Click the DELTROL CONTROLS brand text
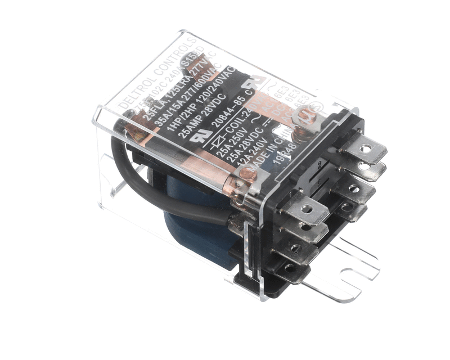[x=157, y=73]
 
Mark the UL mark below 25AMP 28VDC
[x=201, y=136]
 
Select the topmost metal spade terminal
[x=366, y=150]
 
